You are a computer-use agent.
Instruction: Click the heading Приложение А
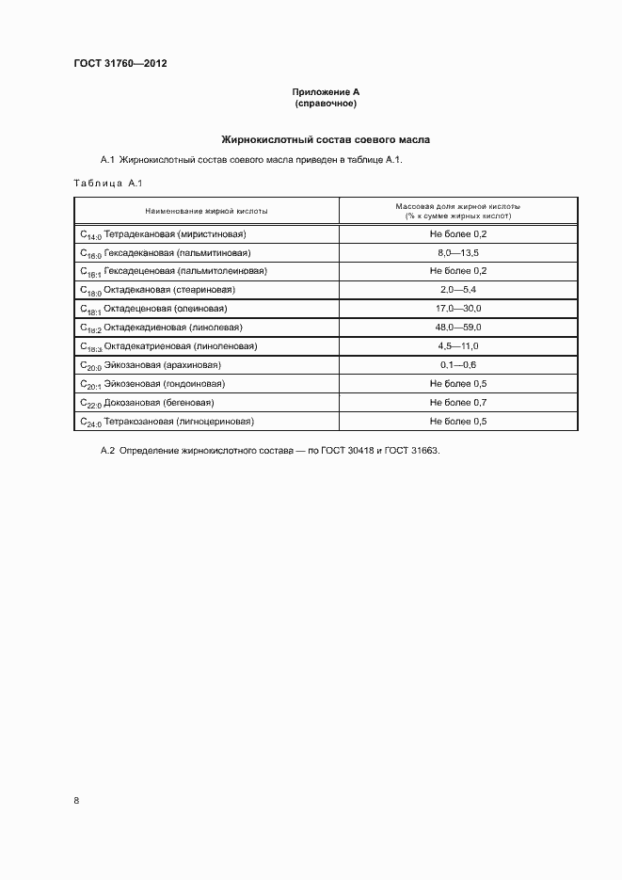[327, 91]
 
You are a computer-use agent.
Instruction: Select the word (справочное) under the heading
[326, 103]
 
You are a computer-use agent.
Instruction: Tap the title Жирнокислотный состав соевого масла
[326, 138]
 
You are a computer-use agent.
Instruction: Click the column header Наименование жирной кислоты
[207, 212]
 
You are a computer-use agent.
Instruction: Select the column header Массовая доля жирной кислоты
[458, 206]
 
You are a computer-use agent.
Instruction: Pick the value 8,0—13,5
[458, 252]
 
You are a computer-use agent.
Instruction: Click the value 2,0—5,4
[458, 290]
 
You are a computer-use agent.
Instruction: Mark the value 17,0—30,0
[458, 309]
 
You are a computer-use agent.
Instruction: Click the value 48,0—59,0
[458, 328]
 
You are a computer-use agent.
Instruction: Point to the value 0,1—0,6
[458, 365]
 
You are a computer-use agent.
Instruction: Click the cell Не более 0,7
[458, 403]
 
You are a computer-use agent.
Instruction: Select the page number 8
[76, 800]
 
